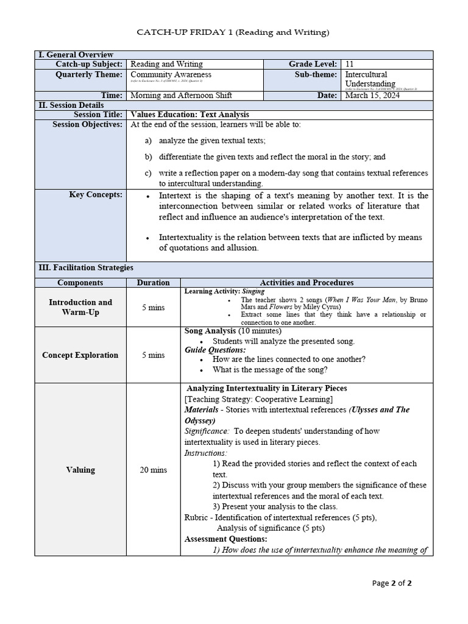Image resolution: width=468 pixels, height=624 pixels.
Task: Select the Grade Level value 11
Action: click(x=349, y=64)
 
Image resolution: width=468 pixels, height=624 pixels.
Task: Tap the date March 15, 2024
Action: click(x=372, y=96)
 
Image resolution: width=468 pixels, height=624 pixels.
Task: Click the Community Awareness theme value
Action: click(x=163, y=74)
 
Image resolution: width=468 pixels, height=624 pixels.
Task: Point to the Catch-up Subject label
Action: click(x=89, y=64)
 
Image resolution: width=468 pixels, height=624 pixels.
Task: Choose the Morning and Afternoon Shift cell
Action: click(x=181, y=96)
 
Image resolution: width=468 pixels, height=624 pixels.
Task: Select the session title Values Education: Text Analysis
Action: click(x=190, y=115)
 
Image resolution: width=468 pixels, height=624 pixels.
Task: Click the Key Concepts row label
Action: click(x=97, y=195)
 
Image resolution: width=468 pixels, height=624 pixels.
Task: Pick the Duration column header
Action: click(x=153, y=283)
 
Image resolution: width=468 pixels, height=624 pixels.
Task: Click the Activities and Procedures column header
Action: click(x=307, y=283)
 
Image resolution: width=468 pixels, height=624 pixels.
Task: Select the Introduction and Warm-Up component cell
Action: click(x=80, y=307)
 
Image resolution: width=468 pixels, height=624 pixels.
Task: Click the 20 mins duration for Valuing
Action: click(x=153, y=470)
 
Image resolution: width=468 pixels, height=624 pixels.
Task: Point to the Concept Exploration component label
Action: click(x=80, y=355)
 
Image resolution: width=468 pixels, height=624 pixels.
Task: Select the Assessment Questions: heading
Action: click(x=225, y=539)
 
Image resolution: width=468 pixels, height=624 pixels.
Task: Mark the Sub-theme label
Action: click(x=316, y=74)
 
